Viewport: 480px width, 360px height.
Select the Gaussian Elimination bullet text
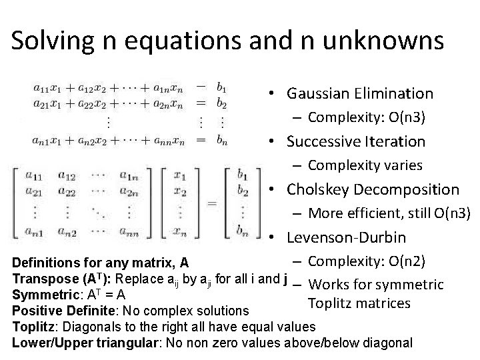click(x=360, y=93)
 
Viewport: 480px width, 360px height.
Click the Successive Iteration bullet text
click(x=355, y=141)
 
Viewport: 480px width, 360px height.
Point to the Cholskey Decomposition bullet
click(x=373, y=189)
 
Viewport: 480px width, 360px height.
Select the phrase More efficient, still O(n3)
click(x=390, y=213)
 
